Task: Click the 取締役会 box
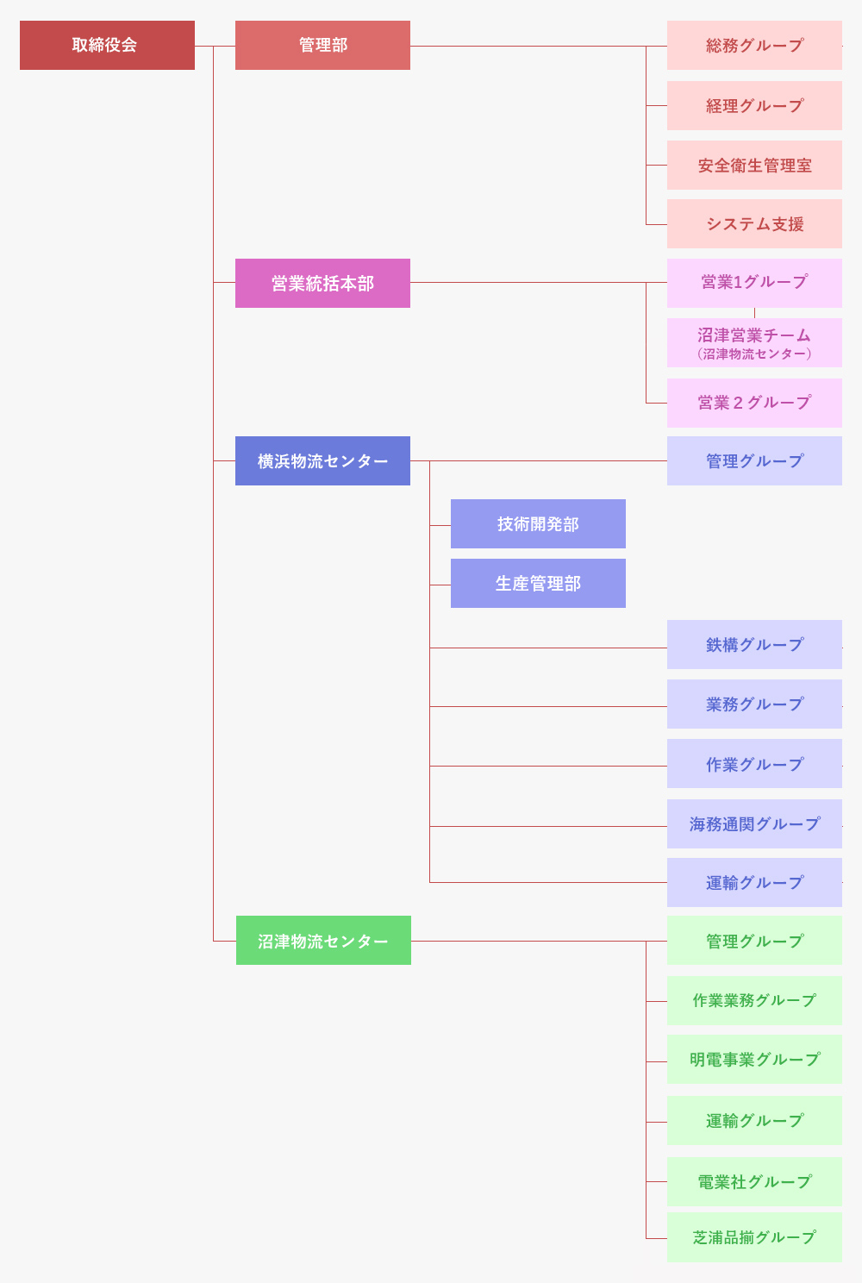107,45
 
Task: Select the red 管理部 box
322,45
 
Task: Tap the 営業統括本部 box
322,283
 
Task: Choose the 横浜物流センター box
322,461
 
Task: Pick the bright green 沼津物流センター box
323,941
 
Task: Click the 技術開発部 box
538,524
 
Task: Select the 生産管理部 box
538,583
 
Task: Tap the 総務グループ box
754,45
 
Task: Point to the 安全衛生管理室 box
754,165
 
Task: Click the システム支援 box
754,224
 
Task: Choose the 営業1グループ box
754,283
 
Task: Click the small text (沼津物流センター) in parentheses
754,354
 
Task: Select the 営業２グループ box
754,403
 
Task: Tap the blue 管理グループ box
754,461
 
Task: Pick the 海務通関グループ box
754,823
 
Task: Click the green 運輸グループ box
754,1121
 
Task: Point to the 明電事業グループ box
754,1059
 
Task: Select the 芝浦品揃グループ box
754,1237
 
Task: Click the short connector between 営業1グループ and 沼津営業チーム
754,313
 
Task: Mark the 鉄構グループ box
754,644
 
